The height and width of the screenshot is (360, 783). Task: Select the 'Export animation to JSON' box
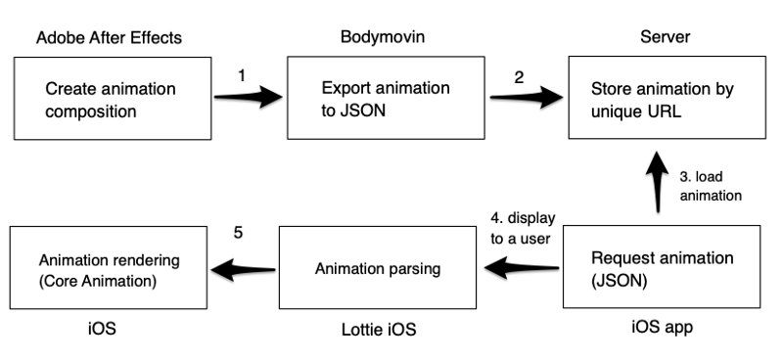click(386, 99)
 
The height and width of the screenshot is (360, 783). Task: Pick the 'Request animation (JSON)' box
click(661, 267)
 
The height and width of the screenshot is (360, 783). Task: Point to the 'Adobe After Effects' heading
click(109, 38)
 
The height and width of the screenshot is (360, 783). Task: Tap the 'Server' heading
click(664, 37)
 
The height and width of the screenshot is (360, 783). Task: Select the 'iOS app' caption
click(662, 328)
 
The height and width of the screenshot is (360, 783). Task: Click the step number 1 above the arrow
click(243, 73)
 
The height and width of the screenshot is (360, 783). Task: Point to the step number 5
click(240, 234)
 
